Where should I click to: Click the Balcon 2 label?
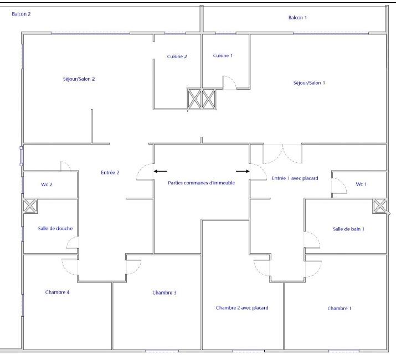click(x=21, y=14)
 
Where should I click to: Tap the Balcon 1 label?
click(x=297, y=18)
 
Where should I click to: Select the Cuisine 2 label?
click(x=177, y=56)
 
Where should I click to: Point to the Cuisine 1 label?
click(x=223, y=55)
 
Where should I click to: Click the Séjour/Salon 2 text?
click(x=79, y=79)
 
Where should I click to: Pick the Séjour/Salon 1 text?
click(x=309, y=83)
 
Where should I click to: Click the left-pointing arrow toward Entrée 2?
click(x=161, y=171)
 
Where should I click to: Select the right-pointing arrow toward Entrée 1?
click(x=243, y=171)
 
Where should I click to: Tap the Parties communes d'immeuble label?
click(x=201, y=183)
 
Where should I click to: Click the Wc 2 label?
click(x=47, y=184)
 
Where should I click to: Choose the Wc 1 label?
click(x=361, y=184)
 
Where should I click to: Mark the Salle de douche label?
click(x=55, y=229)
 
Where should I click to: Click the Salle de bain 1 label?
click(x=348, y=229)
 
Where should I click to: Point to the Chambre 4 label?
click(x=58, y=292)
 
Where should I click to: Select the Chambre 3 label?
click(x=164, y=293)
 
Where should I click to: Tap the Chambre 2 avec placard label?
click(x=242, y=308)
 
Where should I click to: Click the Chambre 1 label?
click(x=339, y=308)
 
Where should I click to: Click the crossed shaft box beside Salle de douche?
click(x=30, y=206)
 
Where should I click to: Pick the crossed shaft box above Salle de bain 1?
click(x=379, y=206)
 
